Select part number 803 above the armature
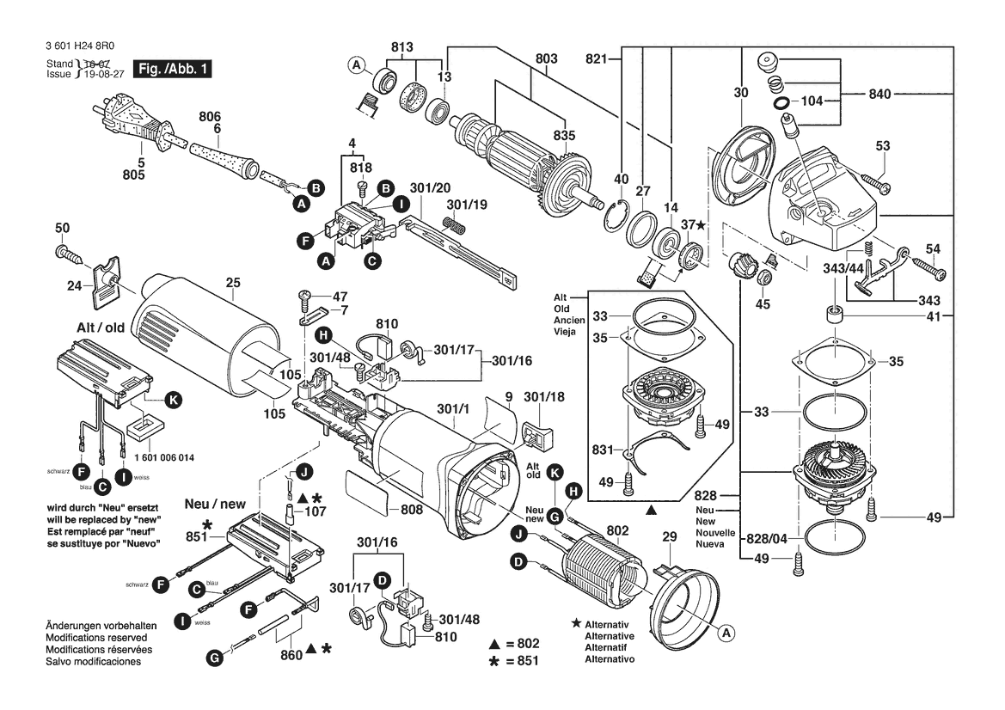(x=546, y=58)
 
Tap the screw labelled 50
(x=69, y=254)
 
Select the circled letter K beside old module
(x=174, y=399)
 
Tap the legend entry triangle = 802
(x=514, y=644)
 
